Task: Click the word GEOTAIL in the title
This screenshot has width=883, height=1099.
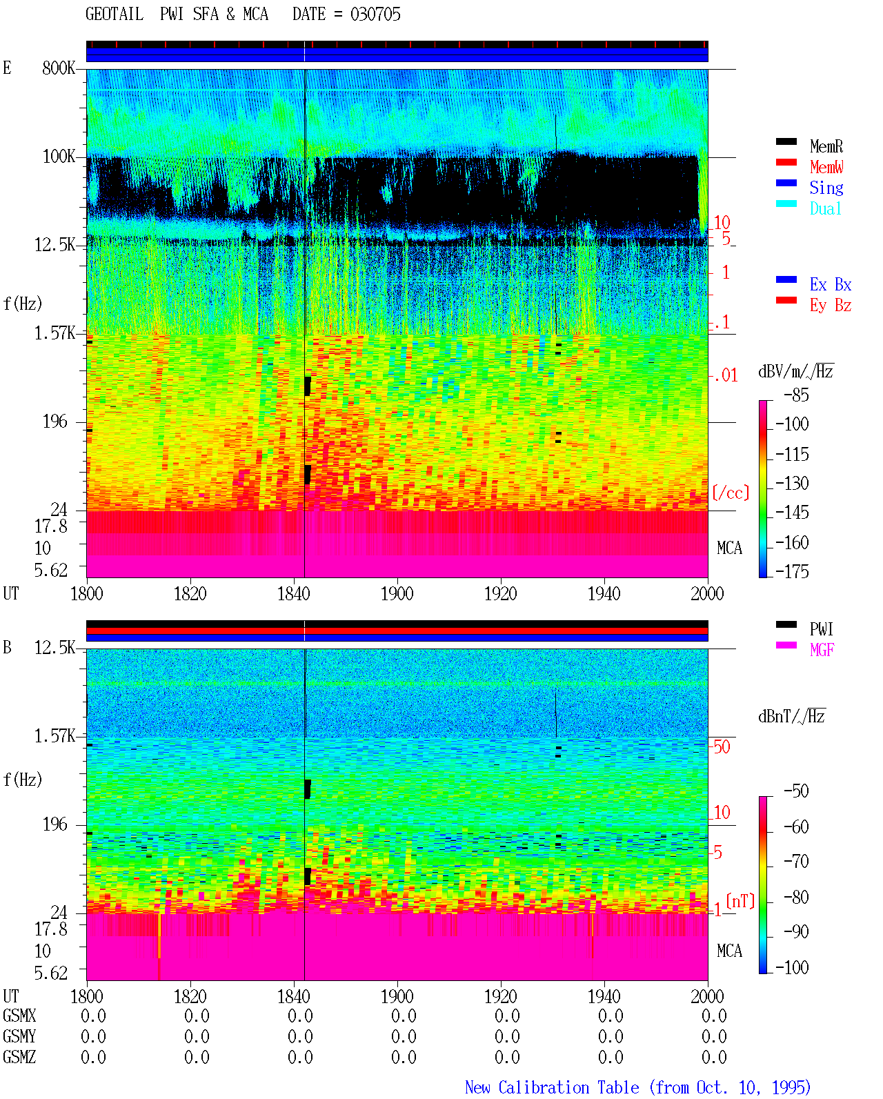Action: [x=115, y=14]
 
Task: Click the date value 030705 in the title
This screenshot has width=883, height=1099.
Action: [x=375, y=14]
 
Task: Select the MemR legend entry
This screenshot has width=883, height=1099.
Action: [x=826, y=146]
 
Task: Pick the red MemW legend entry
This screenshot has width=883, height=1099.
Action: [x=826, y=167]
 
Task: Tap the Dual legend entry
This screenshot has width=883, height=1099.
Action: [x=826, y=208]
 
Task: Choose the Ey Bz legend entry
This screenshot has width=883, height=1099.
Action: [x=831, y=306]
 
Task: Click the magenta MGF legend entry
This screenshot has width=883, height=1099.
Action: [x=822, y=650]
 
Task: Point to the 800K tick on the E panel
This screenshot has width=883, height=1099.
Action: [x=59, y=68]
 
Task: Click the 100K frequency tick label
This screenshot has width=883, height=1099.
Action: [x=59, y=157]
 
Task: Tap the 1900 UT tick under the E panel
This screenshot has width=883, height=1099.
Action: [x=397, y=594]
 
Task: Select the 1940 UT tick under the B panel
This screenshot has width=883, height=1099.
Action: [x=604, y=996]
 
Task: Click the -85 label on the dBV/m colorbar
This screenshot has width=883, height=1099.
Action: [x=796, y=395]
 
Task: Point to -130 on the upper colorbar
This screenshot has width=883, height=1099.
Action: [x=792, y=483]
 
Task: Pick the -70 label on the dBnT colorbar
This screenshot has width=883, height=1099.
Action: [x=796, y=862]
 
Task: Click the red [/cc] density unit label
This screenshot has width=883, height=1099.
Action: [x=731, y=493]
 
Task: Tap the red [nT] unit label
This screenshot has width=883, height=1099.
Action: [x=740, y=901]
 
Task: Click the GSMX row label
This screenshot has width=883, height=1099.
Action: [x=19, y=1016]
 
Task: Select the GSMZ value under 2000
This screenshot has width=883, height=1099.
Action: [x=714, y=1057]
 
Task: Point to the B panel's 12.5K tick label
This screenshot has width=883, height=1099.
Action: [x=54, y=648]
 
